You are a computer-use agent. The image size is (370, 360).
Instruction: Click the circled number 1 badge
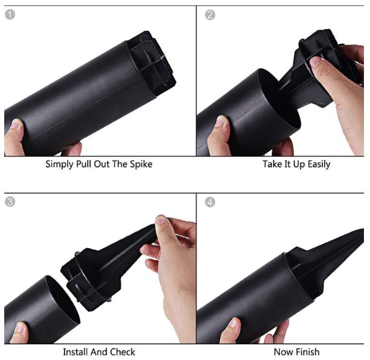10,14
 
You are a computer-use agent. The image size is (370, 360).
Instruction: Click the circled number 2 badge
210,15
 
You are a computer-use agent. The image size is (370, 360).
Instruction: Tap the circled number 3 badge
10,202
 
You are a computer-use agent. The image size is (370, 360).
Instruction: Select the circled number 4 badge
210,202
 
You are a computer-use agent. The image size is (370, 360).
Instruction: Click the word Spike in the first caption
141,164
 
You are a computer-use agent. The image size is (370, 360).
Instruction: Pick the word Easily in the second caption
319,164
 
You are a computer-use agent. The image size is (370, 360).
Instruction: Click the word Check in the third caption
123,352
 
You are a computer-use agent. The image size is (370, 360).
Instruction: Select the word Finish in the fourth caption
308,352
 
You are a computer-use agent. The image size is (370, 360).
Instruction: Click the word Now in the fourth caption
283,352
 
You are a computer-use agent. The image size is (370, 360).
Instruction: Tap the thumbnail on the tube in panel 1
16,124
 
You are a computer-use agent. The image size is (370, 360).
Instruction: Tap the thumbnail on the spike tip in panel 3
161,220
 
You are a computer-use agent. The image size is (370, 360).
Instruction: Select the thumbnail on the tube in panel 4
233,323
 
